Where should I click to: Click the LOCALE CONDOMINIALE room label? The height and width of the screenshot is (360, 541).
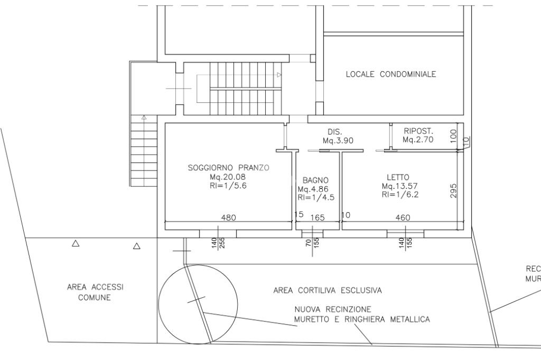tap(391, 74)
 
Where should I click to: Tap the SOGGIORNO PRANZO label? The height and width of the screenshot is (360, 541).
tap(229, 168)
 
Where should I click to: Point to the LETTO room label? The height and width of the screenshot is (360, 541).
tap(397, 177)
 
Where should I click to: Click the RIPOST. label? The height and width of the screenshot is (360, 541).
tap(418, 131)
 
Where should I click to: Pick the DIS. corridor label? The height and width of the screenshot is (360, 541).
tap(334, 131)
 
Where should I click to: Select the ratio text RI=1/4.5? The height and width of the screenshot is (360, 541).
tap(316, 198)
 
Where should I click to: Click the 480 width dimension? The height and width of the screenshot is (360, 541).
tap(228, 217)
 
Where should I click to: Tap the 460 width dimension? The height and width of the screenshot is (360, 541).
tap(403, 217)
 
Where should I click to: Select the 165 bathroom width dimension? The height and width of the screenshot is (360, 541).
tap(317, 217)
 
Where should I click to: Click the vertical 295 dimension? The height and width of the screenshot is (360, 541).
tap(453, 191)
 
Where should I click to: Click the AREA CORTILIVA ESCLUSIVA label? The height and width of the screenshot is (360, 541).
tap(328, 290)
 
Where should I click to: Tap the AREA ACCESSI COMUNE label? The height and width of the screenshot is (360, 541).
tap(95, 292)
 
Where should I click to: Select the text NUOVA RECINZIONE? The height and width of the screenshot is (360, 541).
tap(333, 309)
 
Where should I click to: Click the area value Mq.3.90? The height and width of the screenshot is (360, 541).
tap(338, 140)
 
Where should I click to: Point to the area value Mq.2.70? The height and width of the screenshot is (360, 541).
tap(418, 140)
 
